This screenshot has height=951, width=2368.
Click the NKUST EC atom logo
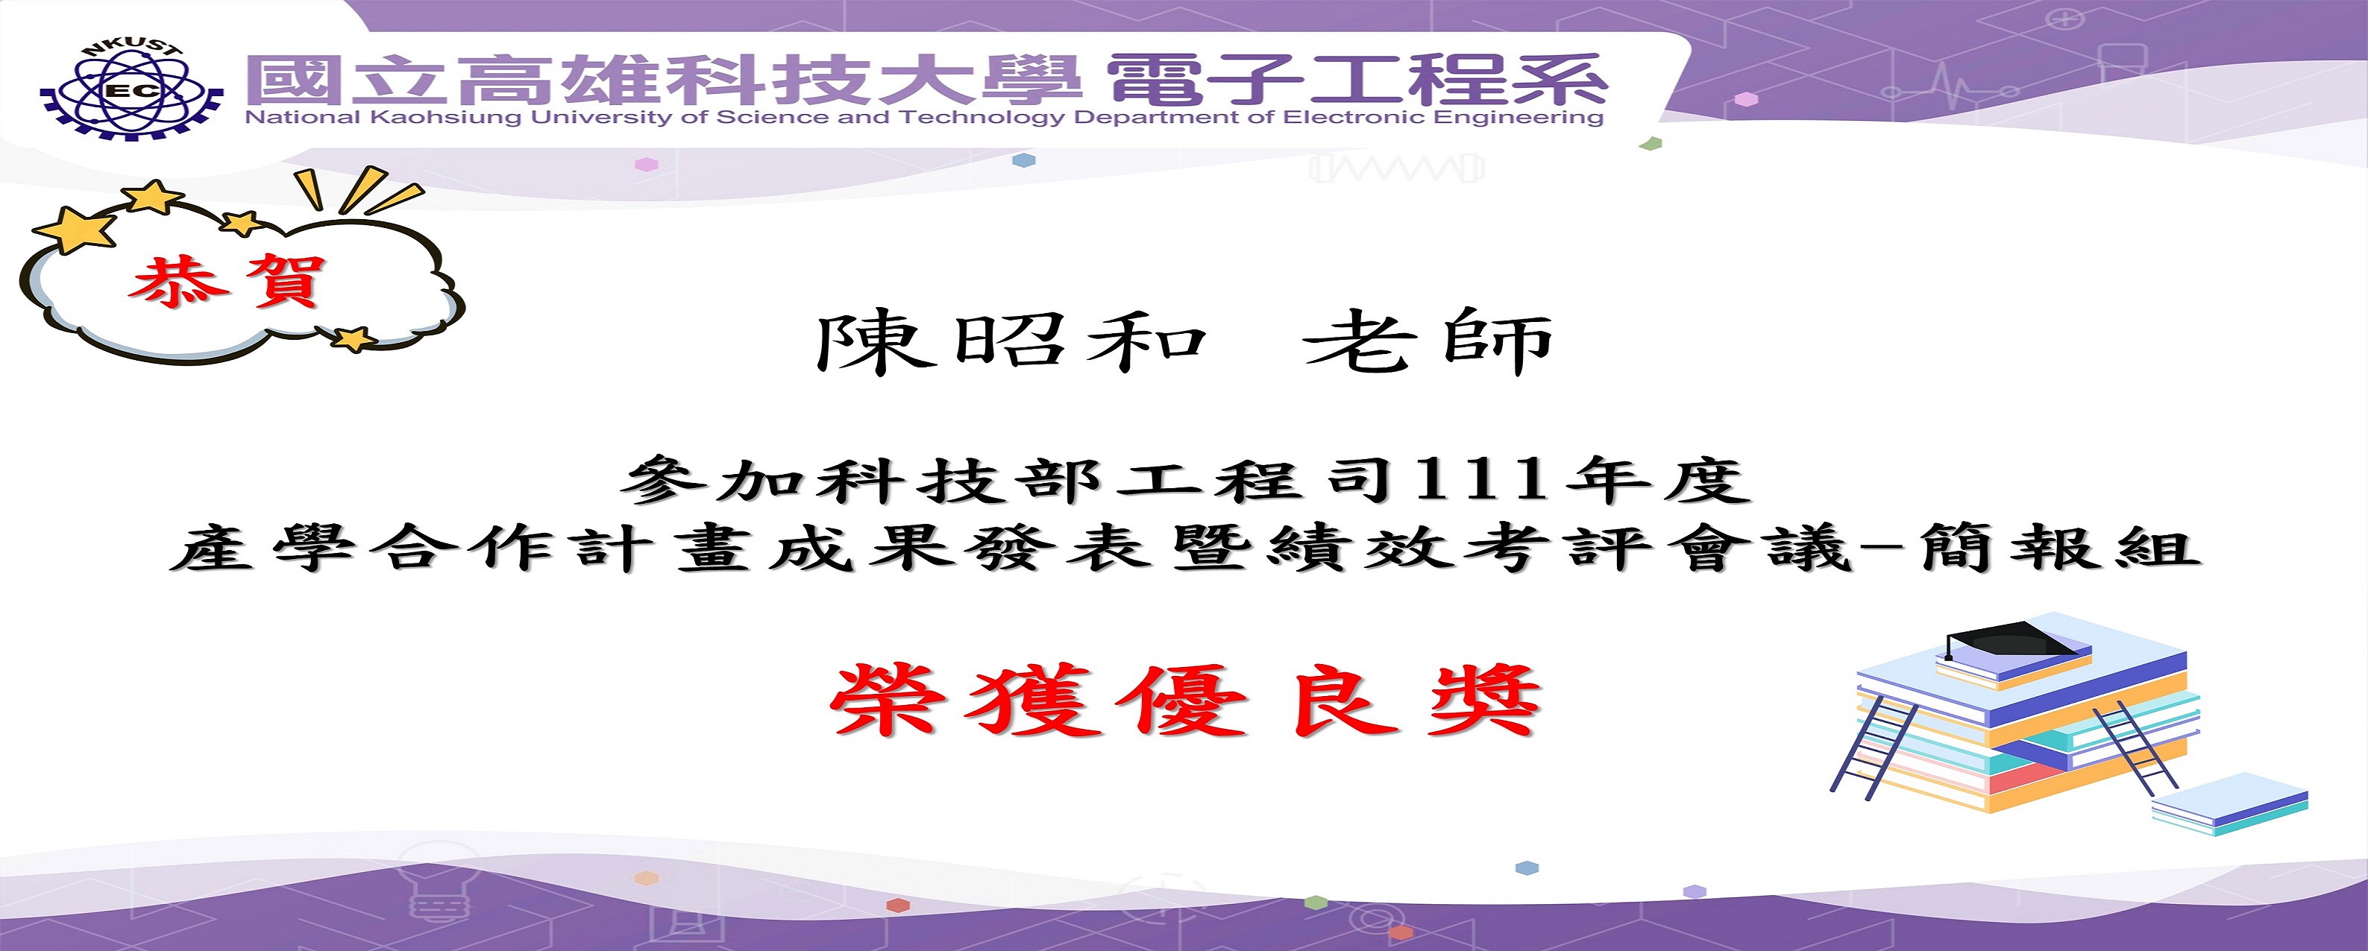click(x=131, y=89)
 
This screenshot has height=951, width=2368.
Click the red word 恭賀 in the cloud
click(x=227, y=279)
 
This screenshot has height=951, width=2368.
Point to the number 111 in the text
click(x=1482, y=481)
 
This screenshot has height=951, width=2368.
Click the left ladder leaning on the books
click(x=1875, y=747)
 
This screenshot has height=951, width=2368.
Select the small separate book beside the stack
click(x=2230, y=804)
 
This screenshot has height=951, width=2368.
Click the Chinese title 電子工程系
click(x=1357, y=78)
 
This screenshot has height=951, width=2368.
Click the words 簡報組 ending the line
click(x=2059, y=549)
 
